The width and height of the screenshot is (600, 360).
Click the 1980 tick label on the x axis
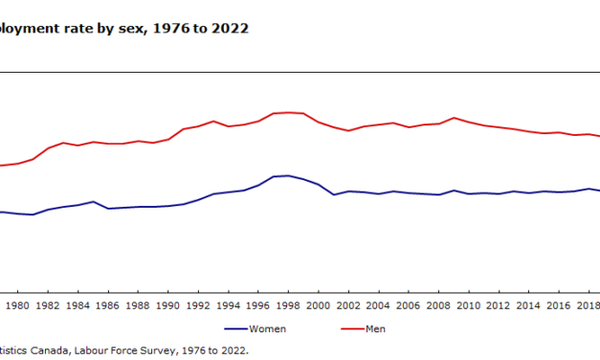tap(17, 305)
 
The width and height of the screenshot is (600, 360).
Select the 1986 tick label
tap(107, 305)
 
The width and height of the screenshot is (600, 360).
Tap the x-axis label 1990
tap(167, 305)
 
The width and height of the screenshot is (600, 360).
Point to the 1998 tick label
tap(288, 305)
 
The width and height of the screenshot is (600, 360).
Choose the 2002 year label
tap(348, 305)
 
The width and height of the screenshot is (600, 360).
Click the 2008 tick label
tap(438, 305)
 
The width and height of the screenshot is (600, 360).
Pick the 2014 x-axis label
tap(528, 305)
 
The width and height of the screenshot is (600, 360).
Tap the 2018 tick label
tap(586, 305)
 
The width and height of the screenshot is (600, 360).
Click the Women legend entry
tap(267, 328)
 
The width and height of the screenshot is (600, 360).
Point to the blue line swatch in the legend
tap(234, 328)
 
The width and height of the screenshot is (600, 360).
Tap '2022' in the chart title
tap(232, 29)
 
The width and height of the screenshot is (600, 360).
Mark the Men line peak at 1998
tap(288, 112)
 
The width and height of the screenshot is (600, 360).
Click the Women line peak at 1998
tap(288, 175)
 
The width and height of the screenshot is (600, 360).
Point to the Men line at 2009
tap(454, 118)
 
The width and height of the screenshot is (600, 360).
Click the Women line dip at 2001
tap(334, 194)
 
